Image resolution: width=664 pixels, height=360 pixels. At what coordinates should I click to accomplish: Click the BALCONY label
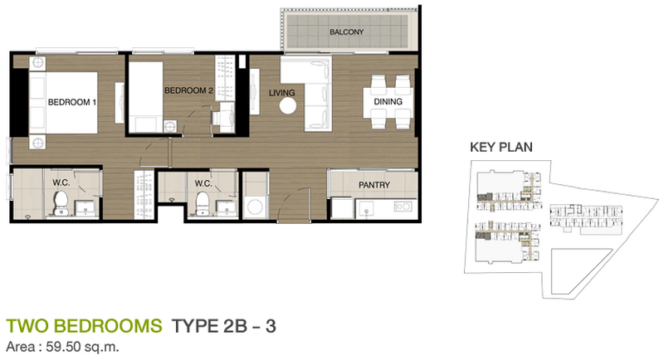tap(346, 32)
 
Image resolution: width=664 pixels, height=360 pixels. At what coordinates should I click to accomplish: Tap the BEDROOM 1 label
tap(72, 102)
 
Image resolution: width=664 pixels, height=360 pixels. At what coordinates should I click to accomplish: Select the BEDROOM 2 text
tap(188, 90)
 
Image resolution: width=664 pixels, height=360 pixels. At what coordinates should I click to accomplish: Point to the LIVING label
tap(281, 93)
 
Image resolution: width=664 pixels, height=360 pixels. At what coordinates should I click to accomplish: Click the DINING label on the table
tap(388, 101)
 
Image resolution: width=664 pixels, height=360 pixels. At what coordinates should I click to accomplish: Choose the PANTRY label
tap(374, 185)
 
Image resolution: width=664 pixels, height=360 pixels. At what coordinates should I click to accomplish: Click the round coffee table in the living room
tap(288, 105)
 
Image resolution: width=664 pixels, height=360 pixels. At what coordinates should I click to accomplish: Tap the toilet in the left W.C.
tap(61, 202)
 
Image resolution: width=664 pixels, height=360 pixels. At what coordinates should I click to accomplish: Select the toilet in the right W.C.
tap(203, 203)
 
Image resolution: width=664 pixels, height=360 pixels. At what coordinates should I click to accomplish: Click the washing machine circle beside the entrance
tap(256, 207)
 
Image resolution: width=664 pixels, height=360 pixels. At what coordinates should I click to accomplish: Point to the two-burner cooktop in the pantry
tap(403, 207)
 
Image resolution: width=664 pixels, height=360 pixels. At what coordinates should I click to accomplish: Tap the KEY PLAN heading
tap(501, 147)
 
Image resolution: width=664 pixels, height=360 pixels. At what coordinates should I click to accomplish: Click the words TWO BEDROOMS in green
tap(84, 326)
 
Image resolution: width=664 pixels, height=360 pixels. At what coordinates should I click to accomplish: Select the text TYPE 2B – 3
tap(223, 326)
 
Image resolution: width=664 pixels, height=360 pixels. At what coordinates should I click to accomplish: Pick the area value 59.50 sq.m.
tap(82, 348)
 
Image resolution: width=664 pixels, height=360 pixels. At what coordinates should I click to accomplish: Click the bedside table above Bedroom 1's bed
tap(37, 62)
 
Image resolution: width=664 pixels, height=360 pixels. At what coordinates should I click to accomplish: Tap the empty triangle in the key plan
tap(577, 270)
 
